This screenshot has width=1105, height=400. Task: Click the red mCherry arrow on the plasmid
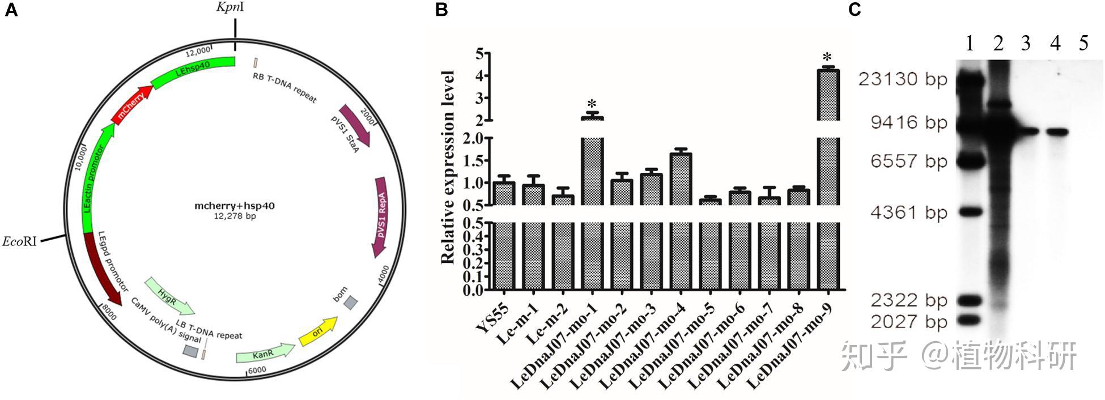[131, 105]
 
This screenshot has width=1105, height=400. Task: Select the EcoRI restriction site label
[20, 242]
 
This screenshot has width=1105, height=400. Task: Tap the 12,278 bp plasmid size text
[235, 216]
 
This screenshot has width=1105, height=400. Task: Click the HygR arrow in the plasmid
[168, 295]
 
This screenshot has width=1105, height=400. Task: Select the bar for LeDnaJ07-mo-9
[828, 181]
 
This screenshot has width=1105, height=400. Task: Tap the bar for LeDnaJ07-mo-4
[681, 221]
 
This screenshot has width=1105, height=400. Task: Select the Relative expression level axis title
[448, 167]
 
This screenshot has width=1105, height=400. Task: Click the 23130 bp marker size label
[903, 79]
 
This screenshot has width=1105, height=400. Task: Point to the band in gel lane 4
[1056, 132]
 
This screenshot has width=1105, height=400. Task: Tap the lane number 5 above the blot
[1083, 43]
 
